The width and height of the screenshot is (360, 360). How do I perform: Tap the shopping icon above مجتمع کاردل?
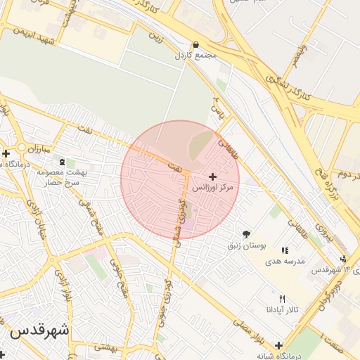195,44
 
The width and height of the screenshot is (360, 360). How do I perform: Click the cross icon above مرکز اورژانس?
213,176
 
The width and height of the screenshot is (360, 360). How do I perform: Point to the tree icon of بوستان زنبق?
246,234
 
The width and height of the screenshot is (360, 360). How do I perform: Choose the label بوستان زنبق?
246,246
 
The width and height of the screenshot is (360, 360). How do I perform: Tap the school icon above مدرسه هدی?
285,250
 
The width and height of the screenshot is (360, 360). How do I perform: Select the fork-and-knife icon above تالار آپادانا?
282,298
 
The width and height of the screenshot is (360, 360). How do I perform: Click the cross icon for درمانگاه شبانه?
280,345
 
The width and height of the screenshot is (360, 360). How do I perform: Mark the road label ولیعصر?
300,53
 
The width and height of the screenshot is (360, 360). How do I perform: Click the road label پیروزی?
321,229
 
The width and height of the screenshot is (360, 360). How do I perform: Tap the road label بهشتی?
107,347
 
